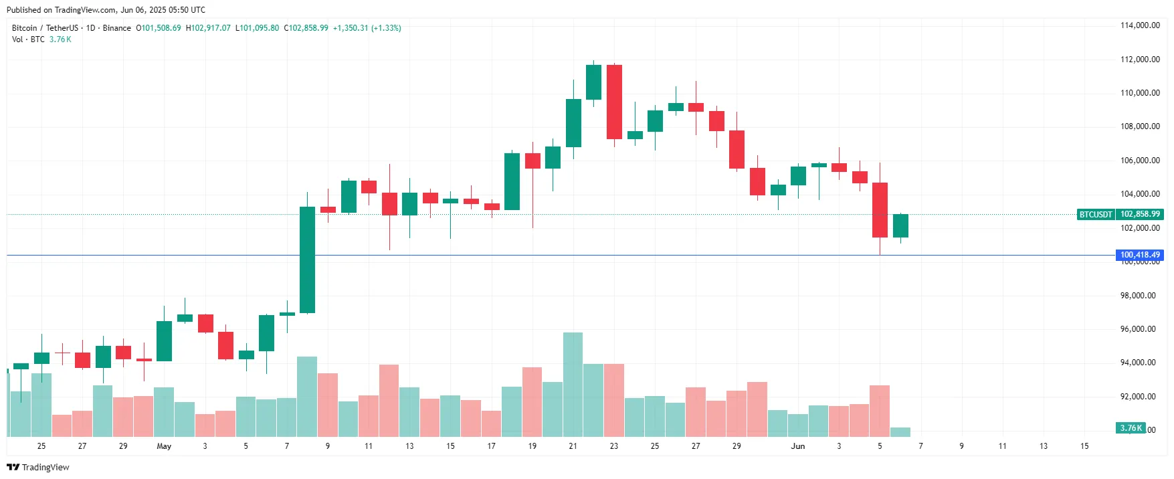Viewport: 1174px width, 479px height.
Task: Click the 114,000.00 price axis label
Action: pyautogui.click(x=1140, y=25)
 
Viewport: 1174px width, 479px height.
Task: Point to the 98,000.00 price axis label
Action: pyautogui.click(x=1138, y=296)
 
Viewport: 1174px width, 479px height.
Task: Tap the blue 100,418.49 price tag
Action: pyautogui.click(x=1140, y=255)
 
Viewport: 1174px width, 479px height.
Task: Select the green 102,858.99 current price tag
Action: pyautogui.click(x=1140, y=214)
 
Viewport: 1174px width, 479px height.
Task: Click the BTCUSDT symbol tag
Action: pyautogui.click(x=1096, y=215)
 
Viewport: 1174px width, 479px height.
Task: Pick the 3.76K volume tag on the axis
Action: pyautogui.click(x=1131, y=428)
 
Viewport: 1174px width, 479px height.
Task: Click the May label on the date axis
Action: pyautogui.click(x=164, y=446)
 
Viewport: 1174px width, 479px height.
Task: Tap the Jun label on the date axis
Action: pyautogui.click(x=798, y=446)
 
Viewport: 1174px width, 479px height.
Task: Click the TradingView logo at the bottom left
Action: pyautogui.click(x=38, y=467)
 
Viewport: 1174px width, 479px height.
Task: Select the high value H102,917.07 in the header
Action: pyautogui.click(x=208, y=28)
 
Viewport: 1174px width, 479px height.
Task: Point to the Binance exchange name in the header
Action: pyautogui.click(x=117, y=28)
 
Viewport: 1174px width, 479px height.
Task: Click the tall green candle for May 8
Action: pyautogui.click(x=307, y=260)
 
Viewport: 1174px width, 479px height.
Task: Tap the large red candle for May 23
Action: pyautogui.click(x=614, y=102)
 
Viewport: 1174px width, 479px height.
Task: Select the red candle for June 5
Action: pyautogui.click(x=880, y=209)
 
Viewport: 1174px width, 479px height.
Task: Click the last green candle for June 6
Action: pyautogui.click(x=900, y=225)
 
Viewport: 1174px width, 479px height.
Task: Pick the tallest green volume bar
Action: pyautogui.click(x=573, y=384)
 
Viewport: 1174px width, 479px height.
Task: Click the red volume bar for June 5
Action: pyautogui.click(x=880, y=411)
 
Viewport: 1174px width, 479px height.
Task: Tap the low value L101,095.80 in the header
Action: pyautogui.click(x=258, y=28)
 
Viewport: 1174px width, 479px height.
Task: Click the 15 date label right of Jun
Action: pyautogui.click(x=1084, y=446)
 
